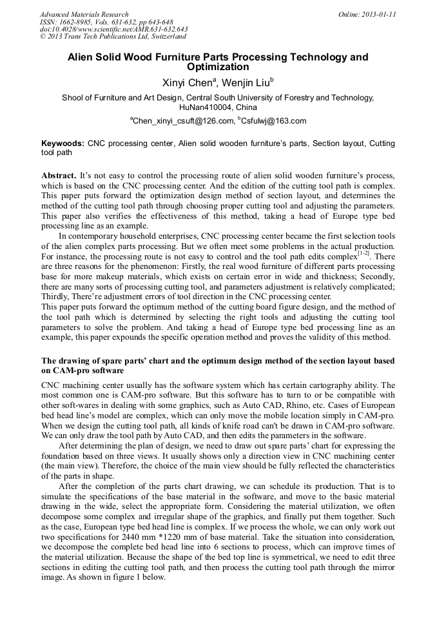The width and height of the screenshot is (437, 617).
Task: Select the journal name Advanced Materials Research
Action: pyautogui.click(x=84, y=14)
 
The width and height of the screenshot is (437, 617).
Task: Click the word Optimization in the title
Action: pyautogui.click(x=218, y=67)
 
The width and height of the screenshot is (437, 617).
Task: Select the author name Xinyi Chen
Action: pyautogui.click(x=189, y=82)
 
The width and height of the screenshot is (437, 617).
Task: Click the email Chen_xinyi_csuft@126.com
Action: pyautogui.click(x=182, y=121)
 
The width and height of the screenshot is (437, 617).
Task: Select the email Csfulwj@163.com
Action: pyautogui.click(x=265, y=121)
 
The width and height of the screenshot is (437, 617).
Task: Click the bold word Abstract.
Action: pyautogui.click(x=59, y=176)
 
